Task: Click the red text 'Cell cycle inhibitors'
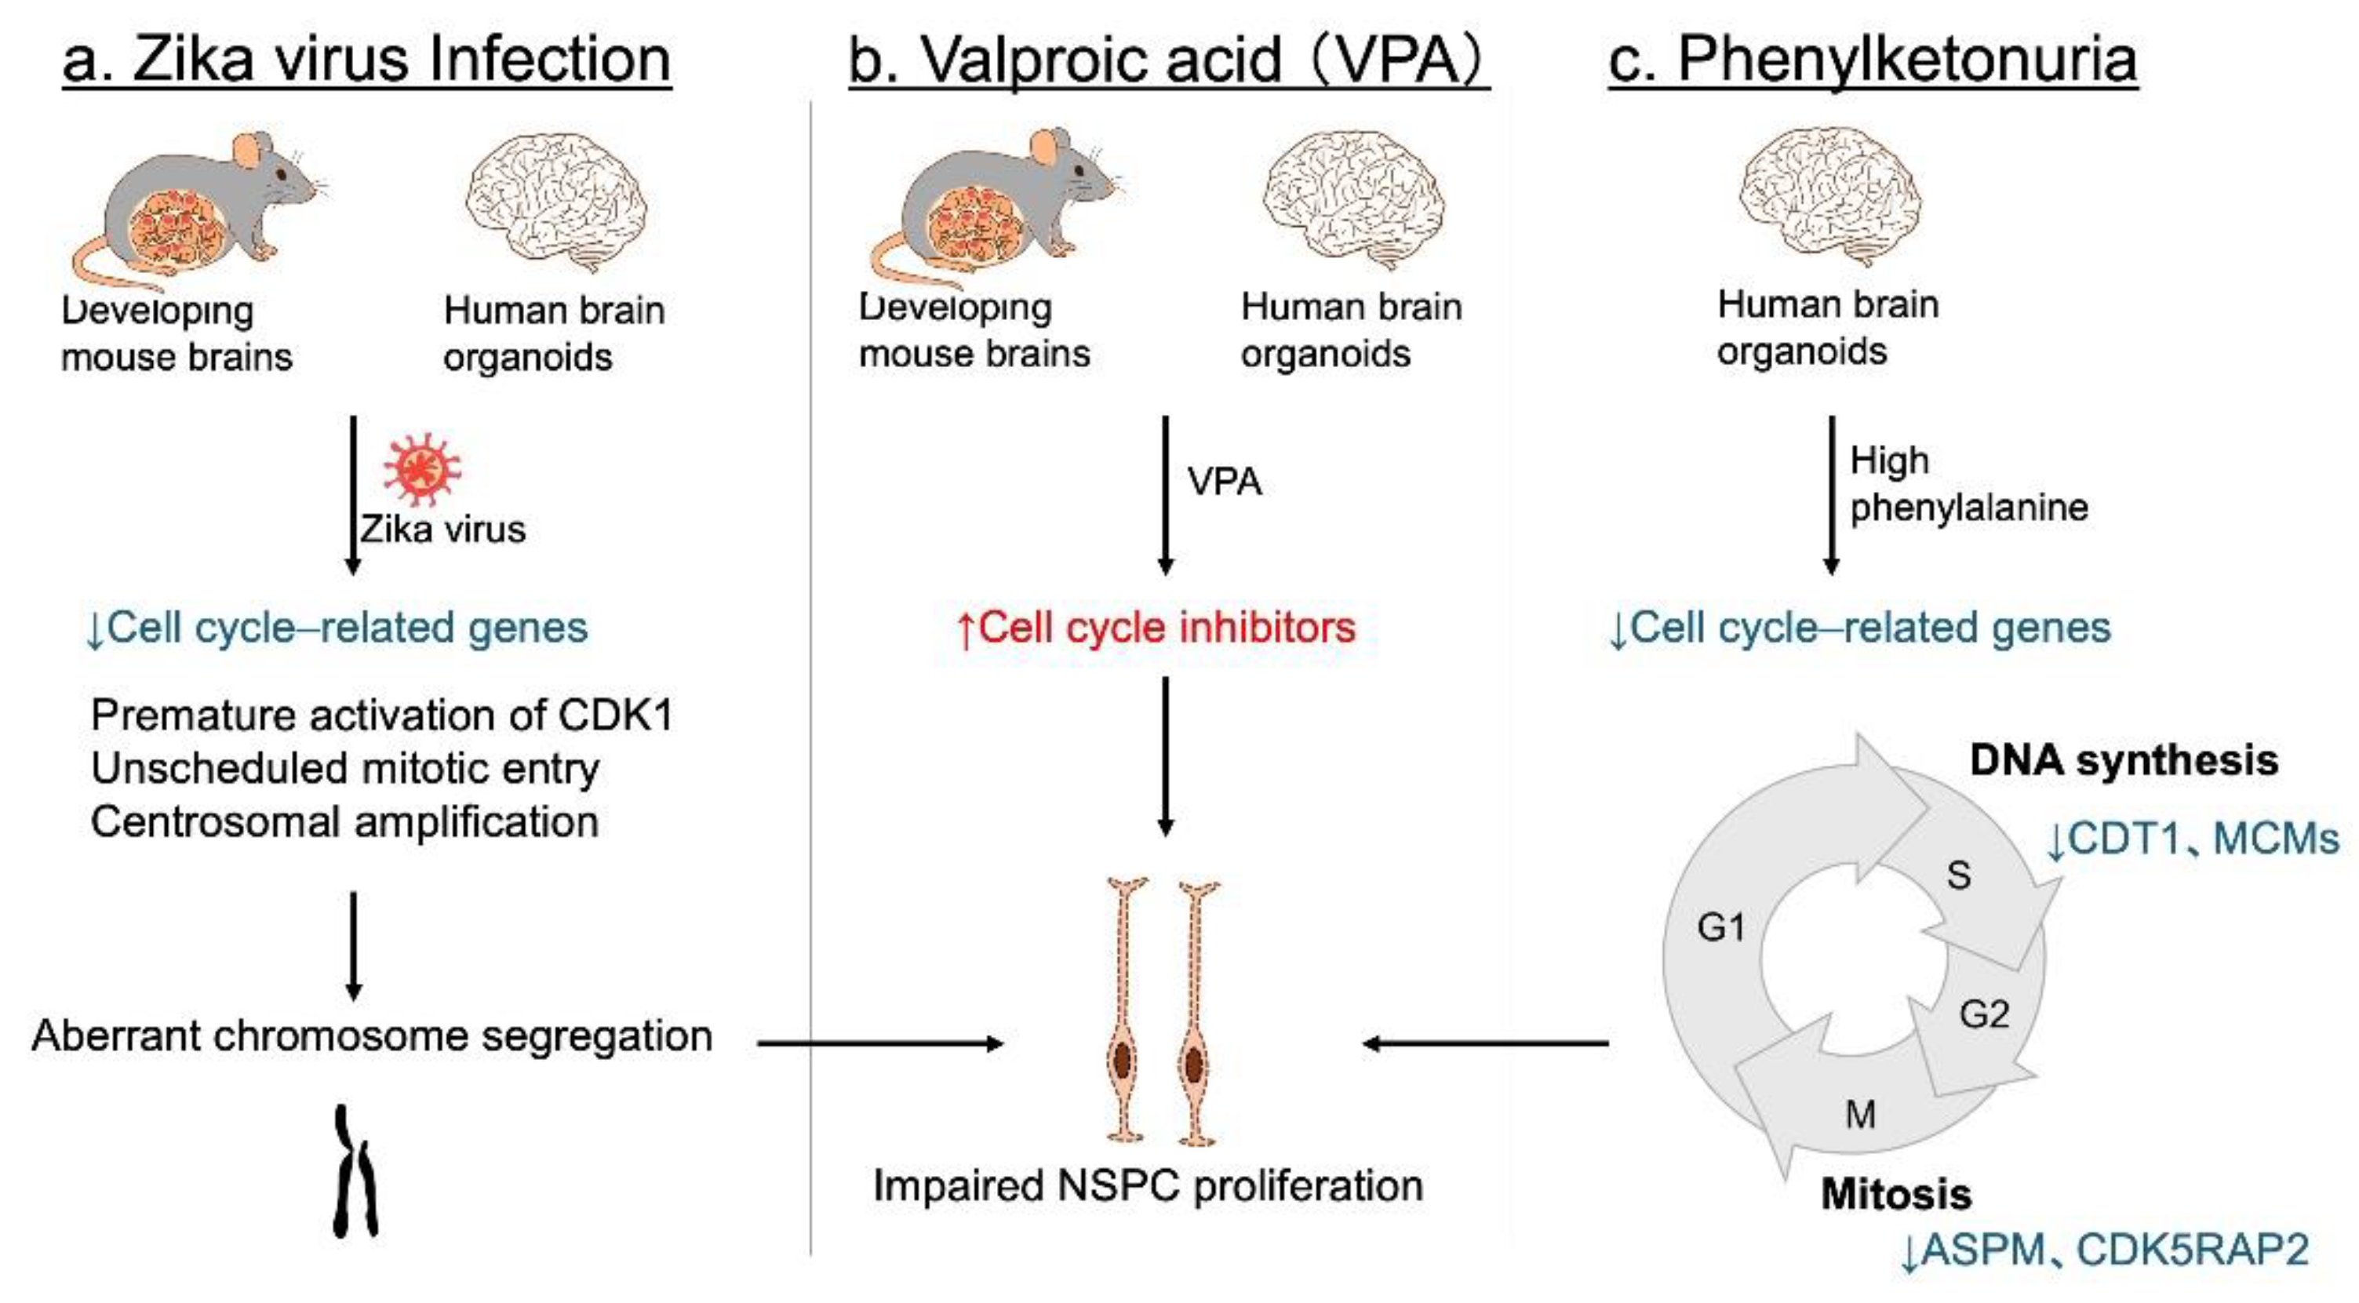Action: tap(1155, 628)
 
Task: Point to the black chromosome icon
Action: tap(355, 1171)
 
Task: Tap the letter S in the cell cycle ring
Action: tap(1959, 875)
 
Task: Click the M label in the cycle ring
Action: tap(1860, 1115)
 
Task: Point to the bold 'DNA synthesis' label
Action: tap(2124, 760)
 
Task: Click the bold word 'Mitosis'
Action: tap(1895, 1194)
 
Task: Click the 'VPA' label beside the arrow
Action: tap(1225, 482)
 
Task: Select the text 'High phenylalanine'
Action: tap(1969, 483)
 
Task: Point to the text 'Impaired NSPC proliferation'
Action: tap(1149, 1186)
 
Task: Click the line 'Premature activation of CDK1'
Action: tap(382, 715)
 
